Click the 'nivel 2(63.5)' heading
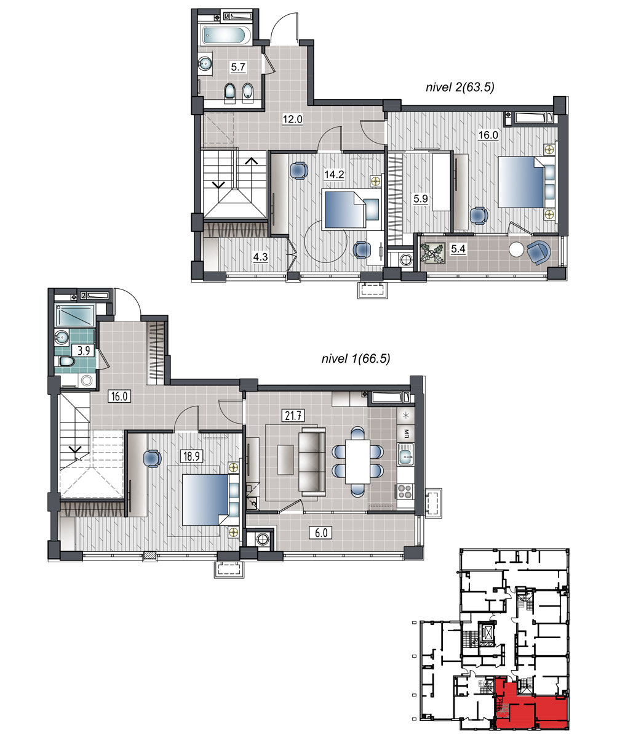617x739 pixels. point(460,87)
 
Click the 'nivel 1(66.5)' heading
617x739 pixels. point(356,358)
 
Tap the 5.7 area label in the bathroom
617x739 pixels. point(238,67)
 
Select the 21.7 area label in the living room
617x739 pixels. point(293,415)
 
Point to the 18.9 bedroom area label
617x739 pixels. point(191,456)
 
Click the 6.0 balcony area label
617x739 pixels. point(320,533)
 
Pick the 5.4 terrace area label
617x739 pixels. point(458,249)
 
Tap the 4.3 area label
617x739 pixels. point(260,257)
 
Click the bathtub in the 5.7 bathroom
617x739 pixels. point(226,35)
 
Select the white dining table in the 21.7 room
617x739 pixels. point(357,461)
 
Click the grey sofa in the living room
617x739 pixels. point(312,460)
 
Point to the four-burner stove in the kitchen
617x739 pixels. point(405,491)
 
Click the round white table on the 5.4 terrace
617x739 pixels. point(516,249)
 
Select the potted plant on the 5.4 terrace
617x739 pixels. point(432,252)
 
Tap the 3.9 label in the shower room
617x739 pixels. point(84,350)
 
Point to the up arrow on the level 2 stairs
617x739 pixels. point(252,161)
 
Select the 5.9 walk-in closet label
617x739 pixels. point(420,198)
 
